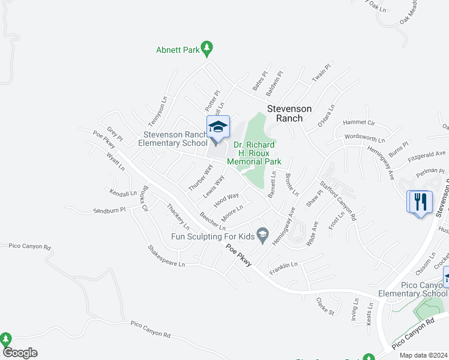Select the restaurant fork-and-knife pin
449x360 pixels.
coord(420,202)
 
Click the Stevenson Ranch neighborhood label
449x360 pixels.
coord(289,113)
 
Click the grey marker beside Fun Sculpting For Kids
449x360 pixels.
coord(262,235)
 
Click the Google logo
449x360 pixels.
coord(20,353)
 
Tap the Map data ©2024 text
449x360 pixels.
coord(424,355)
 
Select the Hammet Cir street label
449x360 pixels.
coord(358,122)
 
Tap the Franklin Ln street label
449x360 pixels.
coord(283,265)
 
